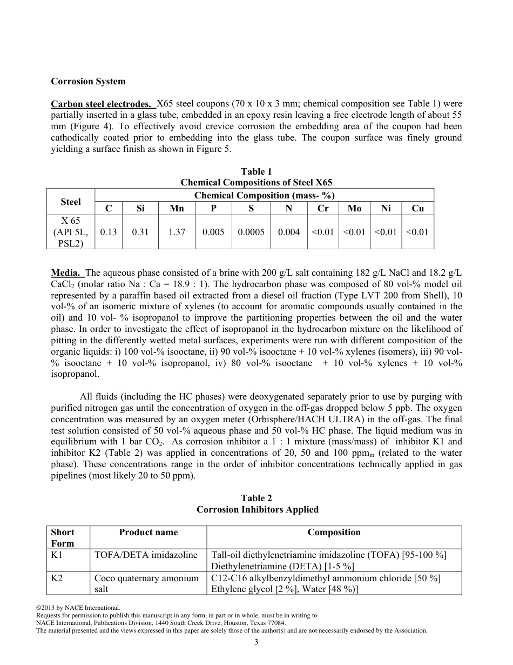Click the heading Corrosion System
coord(88,82)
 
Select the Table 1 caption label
coord(256,172)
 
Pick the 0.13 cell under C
coord(109,232)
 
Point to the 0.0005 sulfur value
coord(252,232)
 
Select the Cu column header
coord(417,209)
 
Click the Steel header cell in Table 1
coord(71,202)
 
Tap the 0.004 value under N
coord(289,232)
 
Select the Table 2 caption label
coord(256,498)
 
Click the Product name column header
coord(148,533)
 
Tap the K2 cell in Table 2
coord(56,578)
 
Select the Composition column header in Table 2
coord(334,533)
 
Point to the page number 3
coord(256,642)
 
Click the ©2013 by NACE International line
coord(78,608)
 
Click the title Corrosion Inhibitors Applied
coord(257,510)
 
